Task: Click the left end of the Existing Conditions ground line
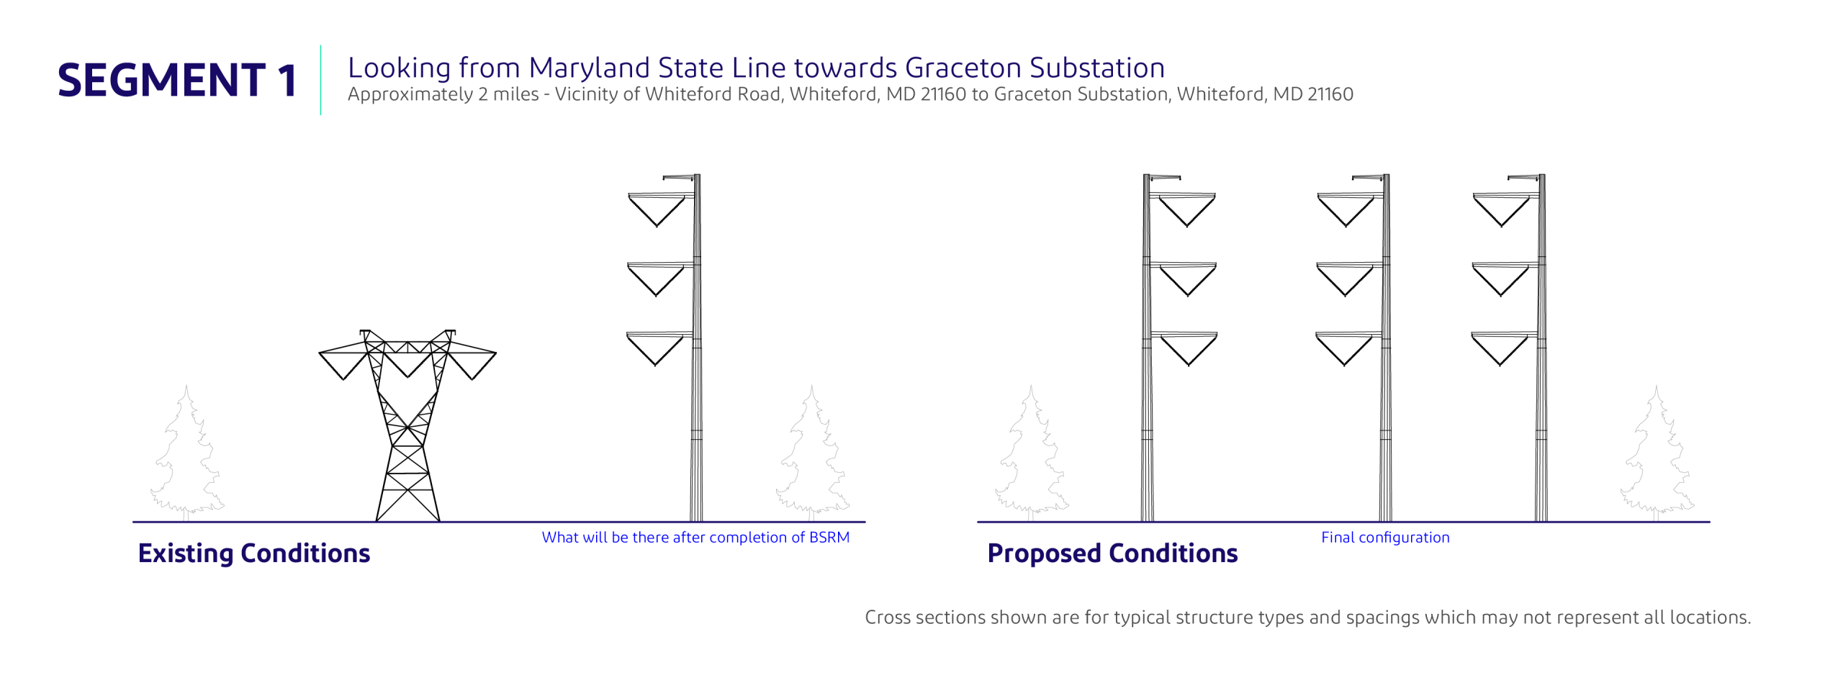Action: pos(133,522)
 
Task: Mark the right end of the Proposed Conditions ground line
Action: pos(1710,522)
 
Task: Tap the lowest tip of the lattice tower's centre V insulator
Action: pos(407,377)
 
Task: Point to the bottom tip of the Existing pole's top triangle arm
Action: pos(657,227)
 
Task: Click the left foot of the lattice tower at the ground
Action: pos(377,520)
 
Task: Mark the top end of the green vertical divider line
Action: pos(321,45)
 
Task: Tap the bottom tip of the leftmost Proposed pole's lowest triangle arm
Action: pos(1189,366)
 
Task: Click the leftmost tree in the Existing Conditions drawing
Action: pos(187,453)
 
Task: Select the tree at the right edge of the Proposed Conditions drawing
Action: pos(1657,453)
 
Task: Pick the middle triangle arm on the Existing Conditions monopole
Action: pos(657,279)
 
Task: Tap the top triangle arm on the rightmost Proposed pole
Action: pos(1503,209)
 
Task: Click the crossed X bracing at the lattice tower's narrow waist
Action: pos(407,428)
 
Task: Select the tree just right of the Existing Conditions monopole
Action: pos(813,453)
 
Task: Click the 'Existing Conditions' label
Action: pos(254,553)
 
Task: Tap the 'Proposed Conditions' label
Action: pos(1112,553)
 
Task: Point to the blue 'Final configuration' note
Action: pos(1385,538)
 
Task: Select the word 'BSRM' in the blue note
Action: pos(829,538)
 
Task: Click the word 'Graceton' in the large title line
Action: pos(963,68)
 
